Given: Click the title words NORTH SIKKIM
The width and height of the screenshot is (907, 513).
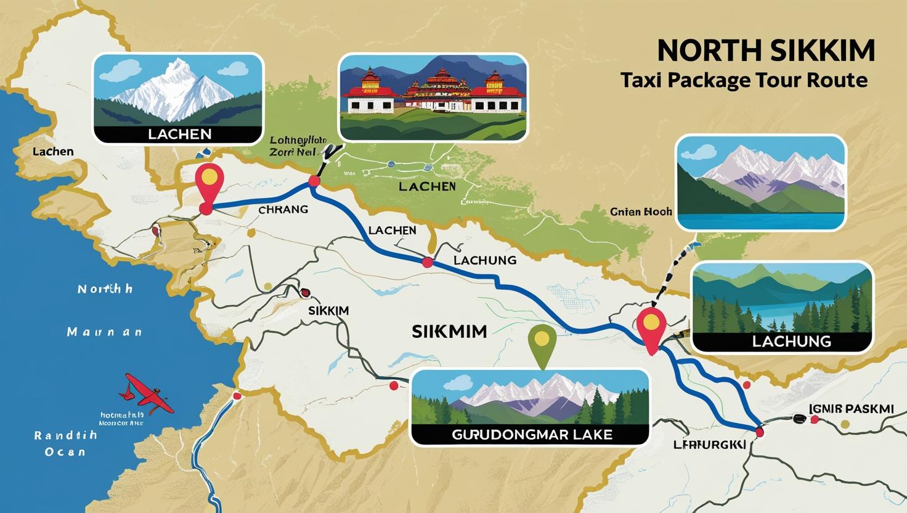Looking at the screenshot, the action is click(x=766, y=51).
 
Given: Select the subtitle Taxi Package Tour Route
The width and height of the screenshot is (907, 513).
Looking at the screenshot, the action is click(x=744, y=80).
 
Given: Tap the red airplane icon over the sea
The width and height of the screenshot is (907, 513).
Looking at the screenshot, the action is click(x=148, y=392).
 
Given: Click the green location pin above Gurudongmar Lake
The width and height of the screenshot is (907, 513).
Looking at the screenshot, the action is click(x=542, y=343).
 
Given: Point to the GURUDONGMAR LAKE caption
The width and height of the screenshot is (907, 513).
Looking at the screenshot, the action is click(x=532, y=434).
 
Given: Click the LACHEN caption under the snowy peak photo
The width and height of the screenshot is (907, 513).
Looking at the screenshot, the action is click(x=179, y=134).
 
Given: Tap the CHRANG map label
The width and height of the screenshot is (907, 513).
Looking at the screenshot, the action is click(x=283, y=210).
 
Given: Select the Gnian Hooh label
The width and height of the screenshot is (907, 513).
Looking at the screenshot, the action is click(x=641, y=211).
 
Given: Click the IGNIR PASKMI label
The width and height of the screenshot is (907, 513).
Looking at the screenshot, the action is click(x=850, y=409).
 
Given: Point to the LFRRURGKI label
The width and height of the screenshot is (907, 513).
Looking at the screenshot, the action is click(x=709, y=445).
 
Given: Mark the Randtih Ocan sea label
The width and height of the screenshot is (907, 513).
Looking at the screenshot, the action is click(x=65, y=443).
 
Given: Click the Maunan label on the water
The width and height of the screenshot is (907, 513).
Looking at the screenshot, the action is click(x=104, y=332).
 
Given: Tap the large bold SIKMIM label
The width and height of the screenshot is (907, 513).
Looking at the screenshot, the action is click(x=449, y=332).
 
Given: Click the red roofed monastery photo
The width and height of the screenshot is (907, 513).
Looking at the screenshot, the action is click(x=433, y=97).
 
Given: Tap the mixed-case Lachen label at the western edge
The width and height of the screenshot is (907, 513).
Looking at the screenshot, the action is click(x=53, y=152).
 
